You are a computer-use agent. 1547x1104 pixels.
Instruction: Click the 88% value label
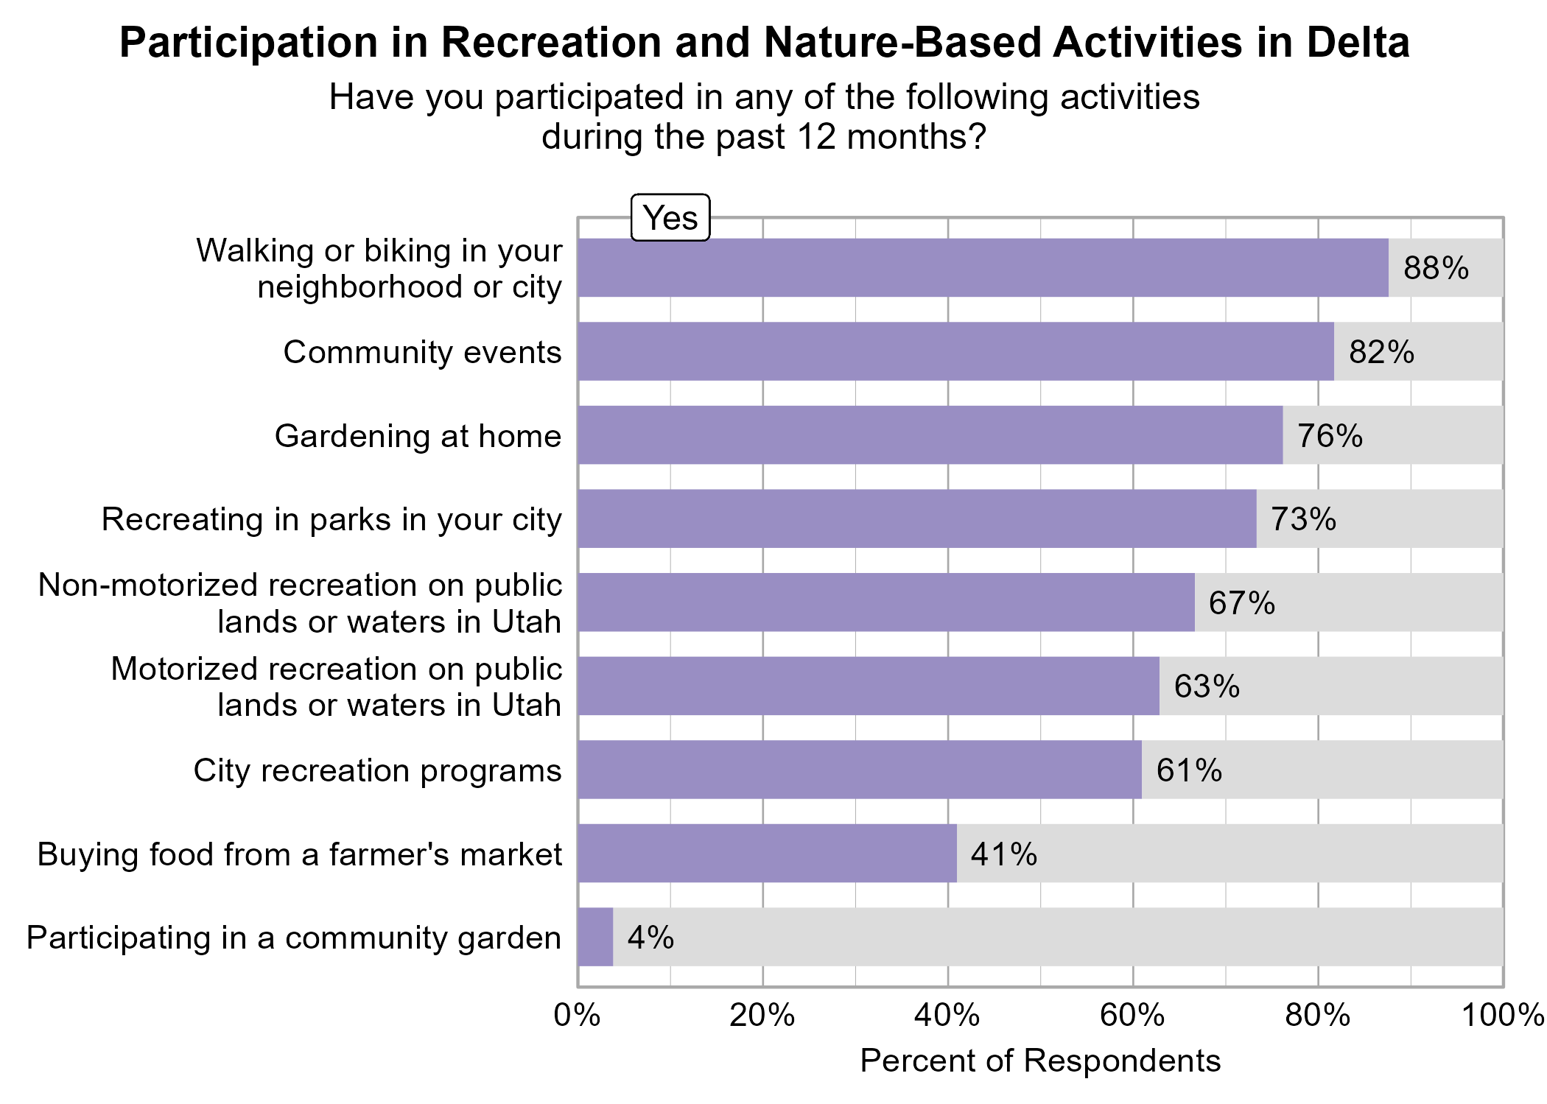coord(1435,268)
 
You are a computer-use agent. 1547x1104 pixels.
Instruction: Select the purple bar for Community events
coord(955,351)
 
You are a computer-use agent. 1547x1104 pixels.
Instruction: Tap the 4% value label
coord(650,938)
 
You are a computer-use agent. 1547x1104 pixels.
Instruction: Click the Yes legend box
coord(670,218)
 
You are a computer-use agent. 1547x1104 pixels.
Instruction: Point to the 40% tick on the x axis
coord(948,1016)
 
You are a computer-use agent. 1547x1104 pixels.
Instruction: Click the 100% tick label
coord(1502,1016)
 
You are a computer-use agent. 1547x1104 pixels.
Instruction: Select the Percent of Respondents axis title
coord(1039,1061)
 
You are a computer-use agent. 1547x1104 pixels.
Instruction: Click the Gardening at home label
coord(418,436)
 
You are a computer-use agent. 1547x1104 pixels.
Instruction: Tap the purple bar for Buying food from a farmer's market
coord(767,853)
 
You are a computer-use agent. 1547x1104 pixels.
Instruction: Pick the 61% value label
coord(1188,770)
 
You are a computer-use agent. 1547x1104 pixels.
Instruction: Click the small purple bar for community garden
coord(595,937)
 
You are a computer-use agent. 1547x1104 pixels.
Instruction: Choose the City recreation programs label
coord(377,770)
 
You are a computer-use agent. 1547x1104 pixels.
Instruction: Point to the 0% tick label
coord(578,1016)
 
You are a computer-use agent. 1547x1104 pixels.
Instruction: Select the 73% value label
coord(1302,519)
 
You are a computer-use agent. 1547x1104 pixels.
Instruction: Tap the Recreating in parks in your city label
coord(331,519)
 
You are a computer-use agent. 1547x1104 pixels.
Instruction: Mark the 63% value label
coord(1206,686)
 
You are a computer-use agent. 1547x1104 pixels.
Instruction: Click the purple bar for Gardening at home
coord(930,435)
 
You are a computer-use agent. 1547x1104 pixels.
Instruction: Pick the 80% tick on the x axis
coord(1318,1016)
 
